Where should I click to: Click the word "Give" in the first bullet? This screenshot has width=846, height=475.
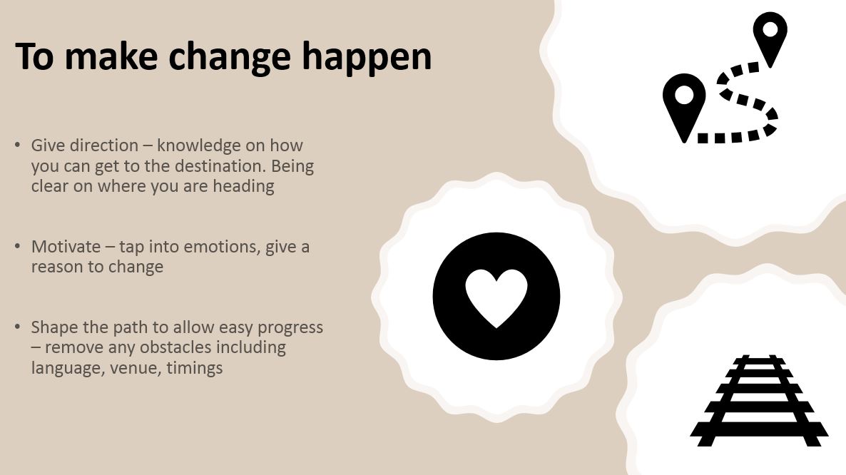[48, 145]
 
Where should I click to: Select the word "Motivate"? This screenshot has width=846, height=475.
[66, 246]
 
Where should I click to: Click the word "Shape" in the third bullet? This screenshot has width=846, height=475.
[52, 328]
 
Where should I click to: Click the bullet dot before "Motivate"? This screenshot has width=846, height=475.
[18, 246]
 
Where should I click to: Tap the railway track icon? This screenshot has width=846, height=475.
[759, 401]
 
